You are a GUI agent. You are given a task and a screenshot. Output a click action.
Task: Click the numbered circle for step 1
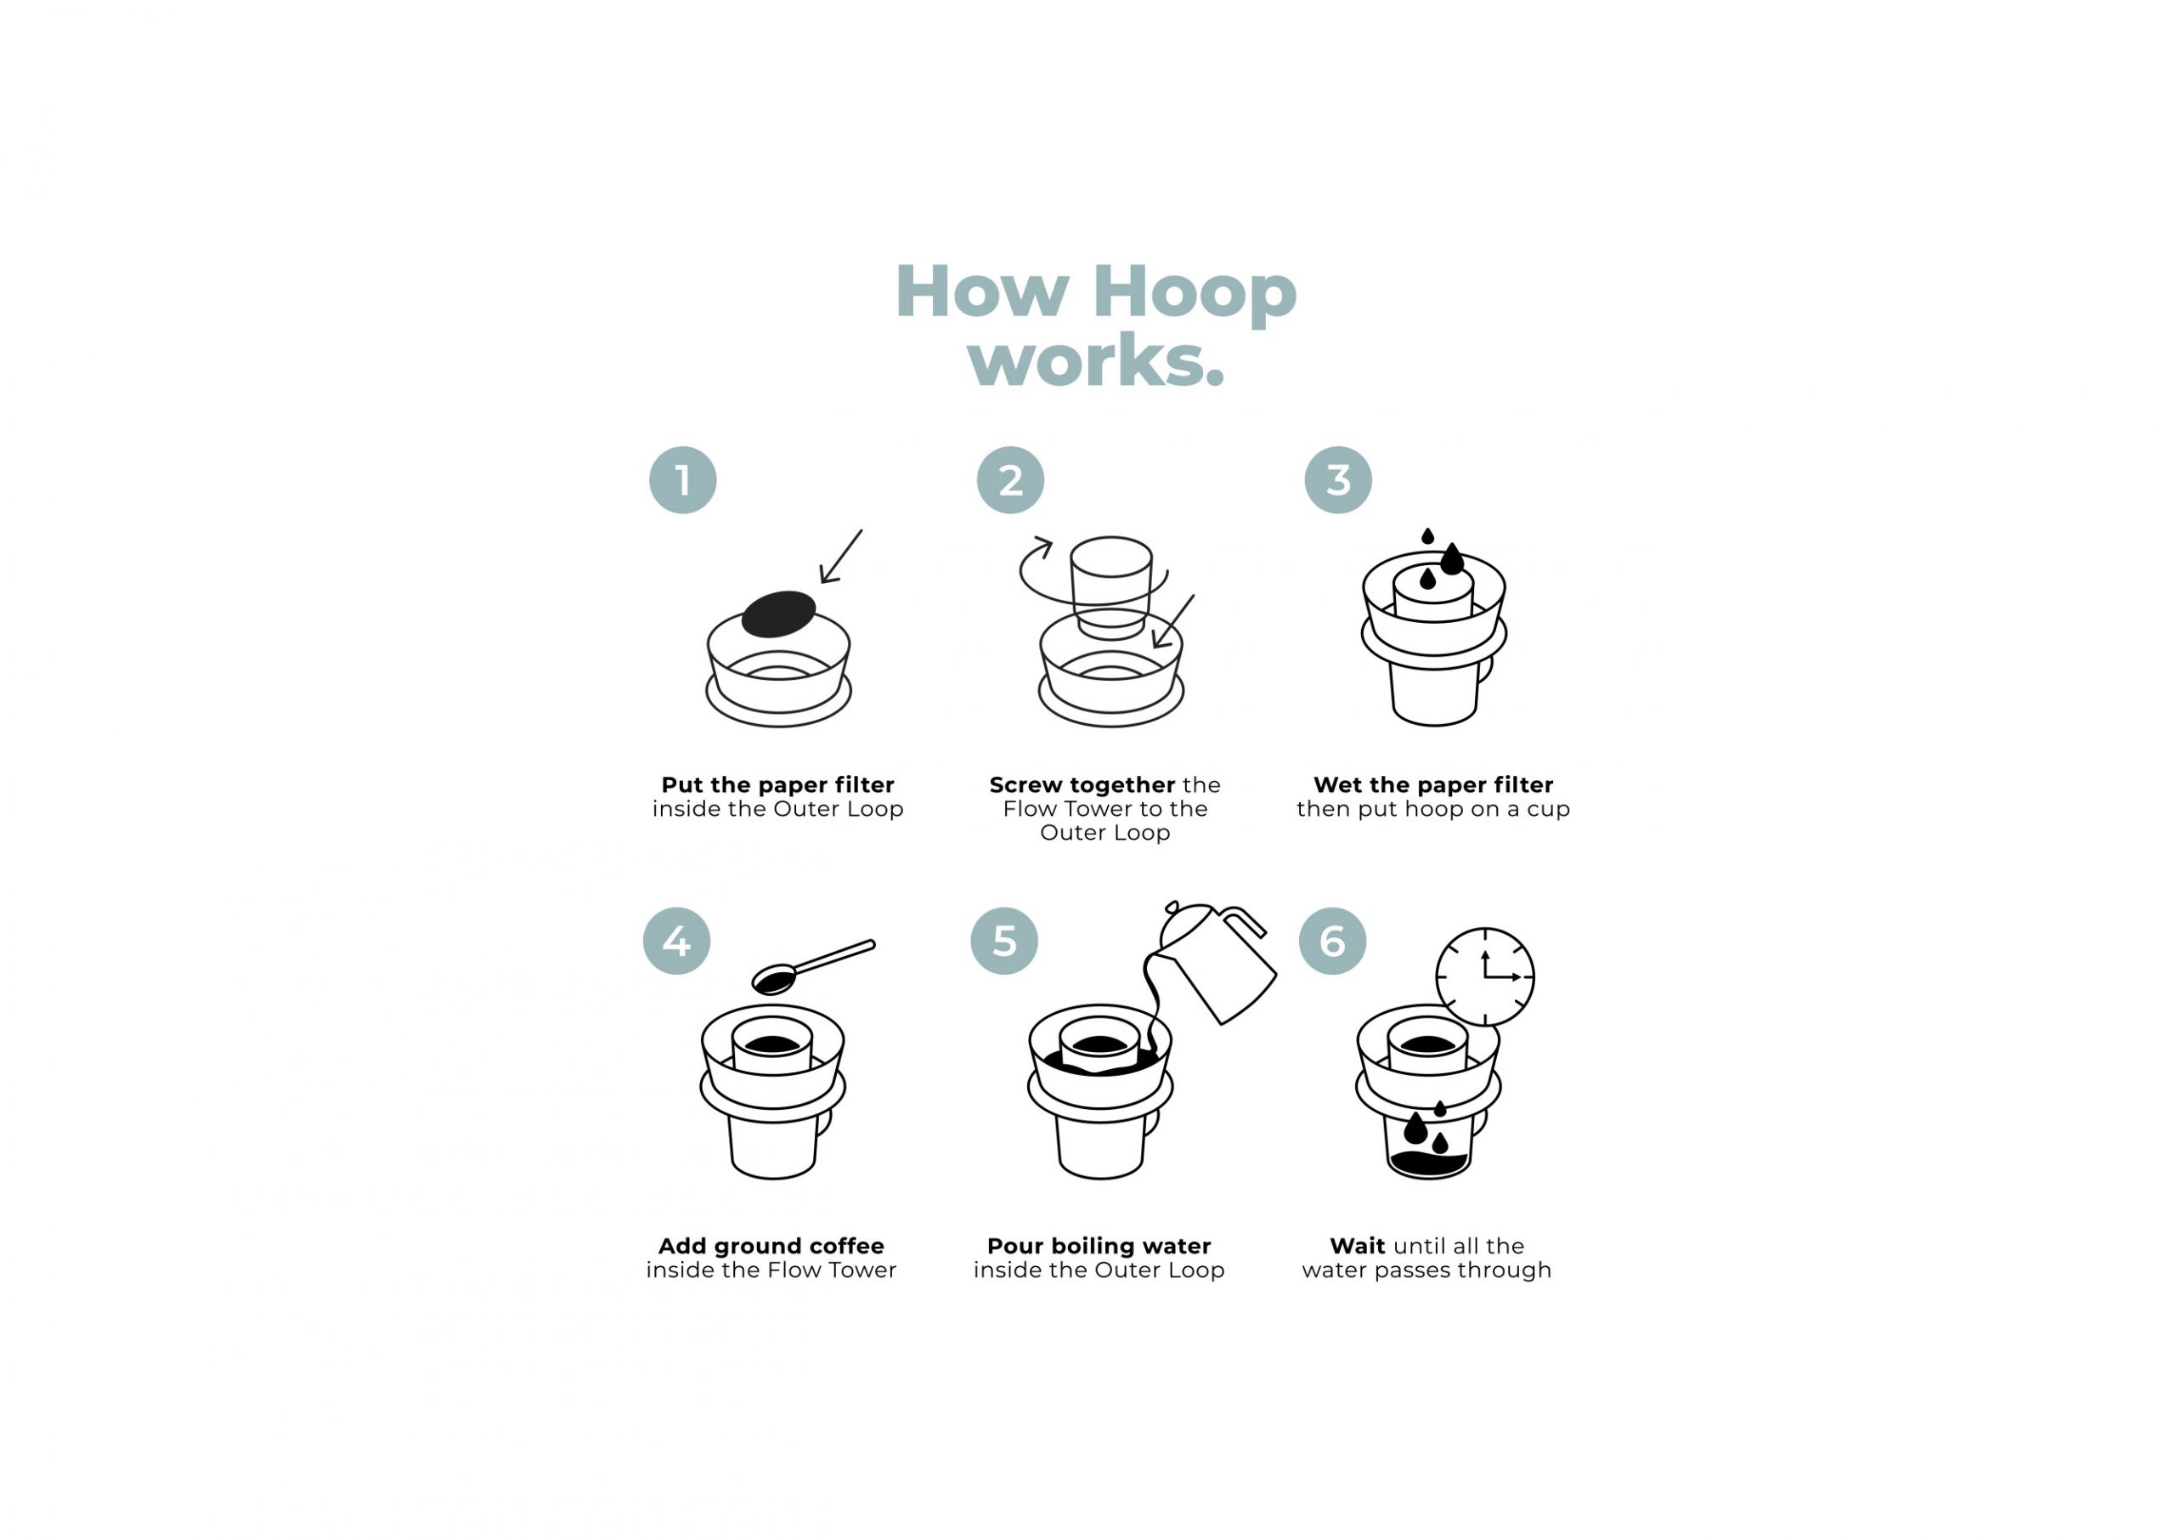[682, 480]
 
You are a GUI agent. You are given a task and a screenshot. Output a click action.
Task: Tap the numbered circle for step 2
[1010, 480]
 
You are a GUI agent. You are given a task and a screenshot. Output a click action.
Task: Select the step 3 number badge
[1337, 480]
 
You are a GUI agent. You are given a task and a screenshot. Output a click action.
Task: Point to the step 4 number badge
[676, 941]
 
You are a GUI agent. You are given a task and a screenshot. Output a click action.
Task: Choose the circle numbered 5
[1004, 941]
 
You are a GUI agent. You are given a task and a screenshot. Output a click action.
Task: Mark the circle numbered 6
[1332, 941]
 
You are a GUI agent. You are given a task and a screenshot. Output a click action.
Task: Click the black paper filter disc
[777, 614]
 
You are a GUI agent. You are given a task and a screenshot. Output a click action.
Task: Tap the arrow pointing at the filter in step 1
[841, 557]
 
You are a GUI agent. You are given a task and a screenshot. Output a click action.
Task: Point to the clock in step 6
[1484, 976]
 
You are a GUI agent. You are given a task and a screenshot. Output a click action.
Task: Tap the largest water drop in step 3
[1451, 560]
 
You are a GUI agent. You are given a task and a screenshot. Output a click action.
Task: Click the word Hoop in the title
[1195, 291]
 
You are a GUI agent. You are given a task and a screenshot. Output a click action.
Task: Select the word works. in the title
[1096, 361]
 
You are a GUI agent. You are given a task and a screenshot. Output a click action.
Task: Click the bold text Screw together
[1082, 784]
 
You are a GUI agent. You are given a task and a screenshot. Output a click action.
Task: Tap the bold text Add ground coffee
[771, 1245]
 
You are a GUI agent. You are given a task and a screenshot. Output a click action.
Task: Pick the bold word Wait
[1357, 1245]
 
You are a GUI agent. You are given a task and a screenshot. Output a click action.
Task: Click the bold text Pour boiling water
[1099, 1245]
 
